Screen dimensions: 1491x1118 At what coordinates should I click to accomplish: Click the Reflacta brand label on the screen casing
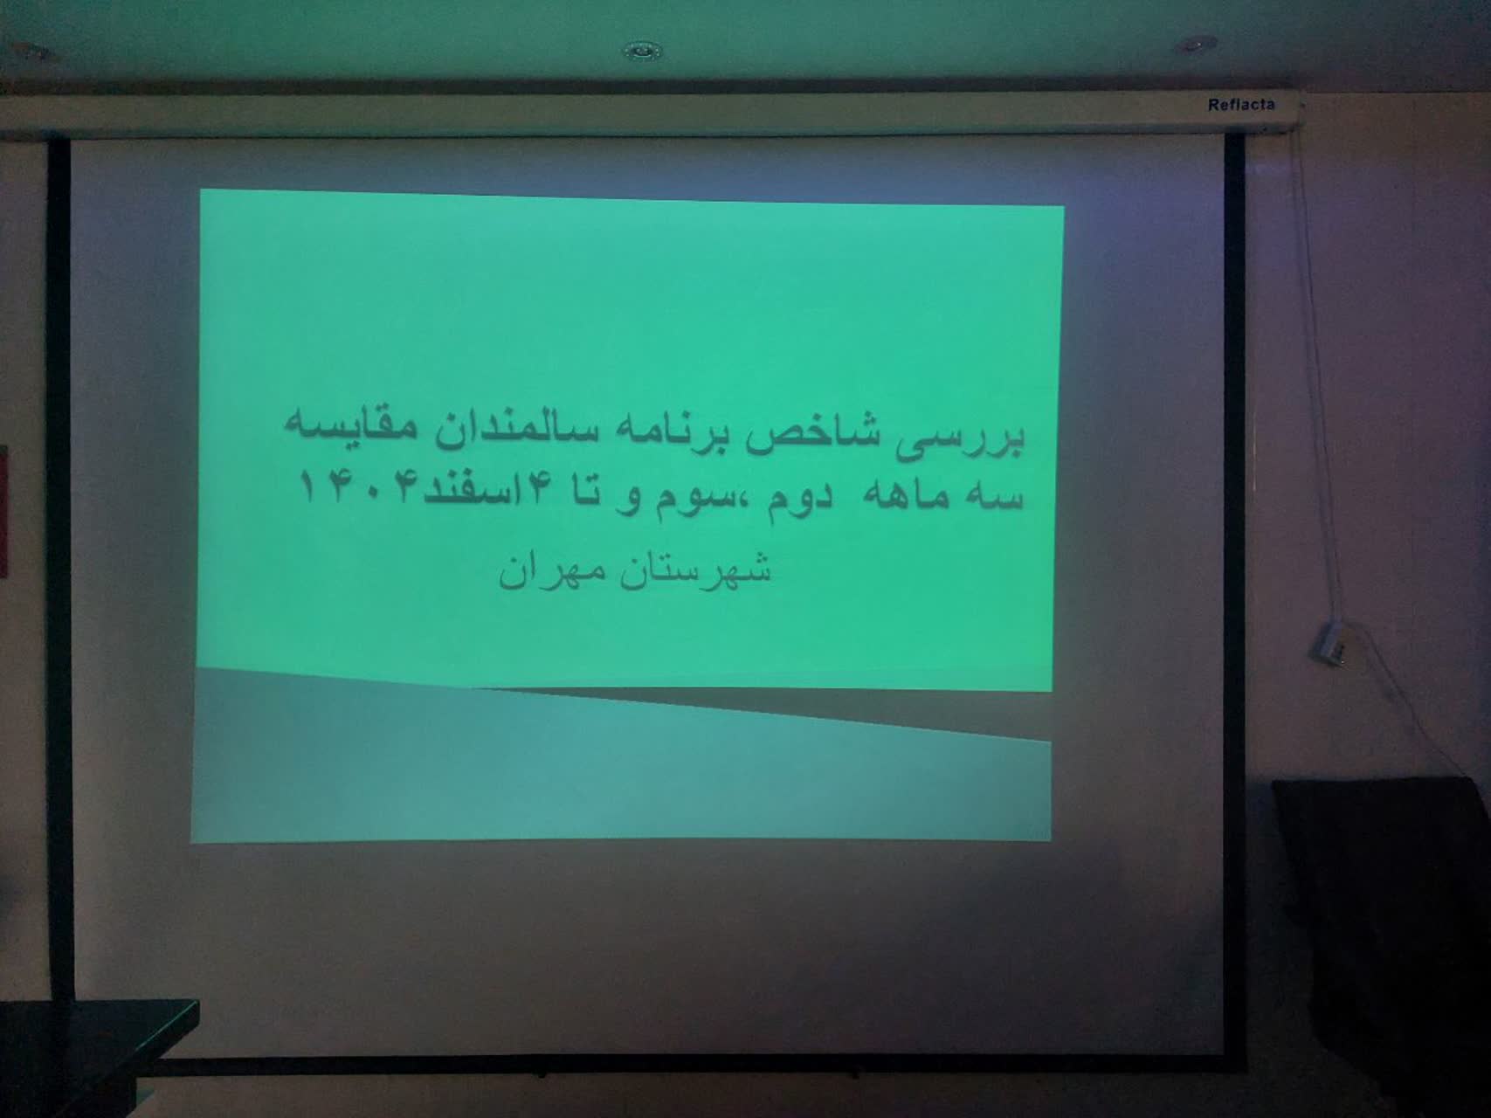(x=1241, y=105)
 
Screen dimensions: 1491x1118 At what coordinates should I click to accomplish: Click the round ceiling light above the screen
(x=642, y=51)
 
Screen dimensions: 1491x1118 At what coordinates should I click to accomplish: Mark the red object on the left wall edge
(x=3, y=511)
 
